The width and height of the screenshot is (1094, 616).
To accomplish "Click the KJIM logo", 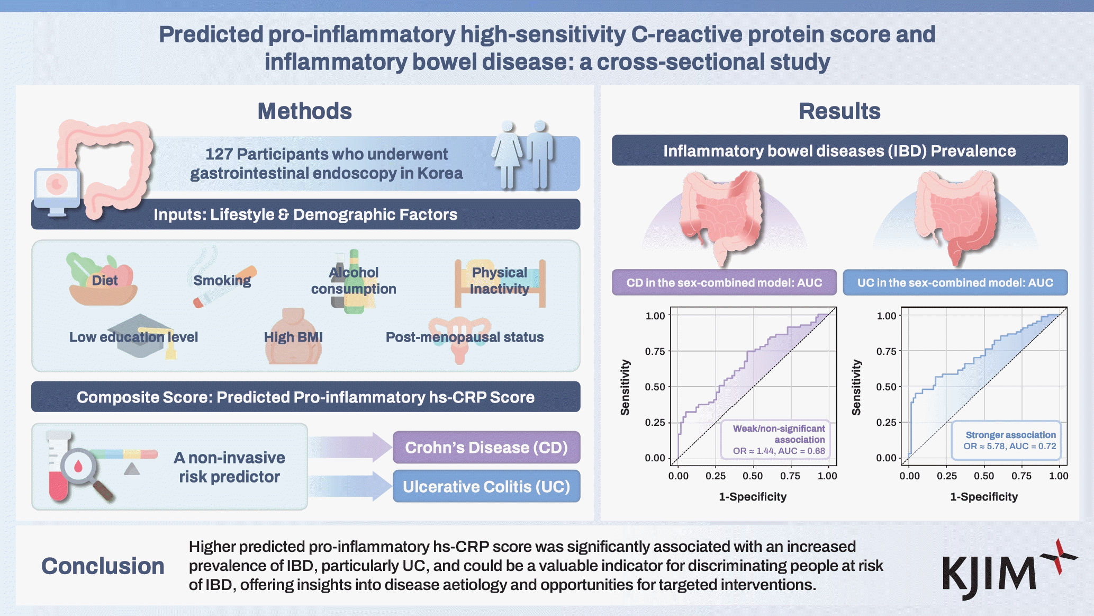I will coord(1008,571).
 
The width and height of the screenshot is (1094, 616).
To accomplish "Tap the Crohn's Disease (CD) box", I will coord(486,448).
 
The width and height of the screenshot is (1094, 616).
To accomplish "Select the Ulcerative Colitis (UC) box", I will coord(486,487).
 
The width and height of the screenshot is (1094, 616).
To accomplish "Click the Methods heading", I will coord(304,111).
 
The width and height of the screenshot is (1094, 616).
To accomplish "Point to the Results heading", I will coord(839,111).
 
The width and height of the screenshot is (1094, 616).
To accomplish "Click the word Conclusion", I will coord(103,566).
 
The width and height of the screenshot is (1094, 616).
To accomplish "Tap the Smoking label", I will coord(222,280).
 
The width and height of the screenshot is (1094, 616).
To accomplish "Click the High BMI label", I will coord(293,337).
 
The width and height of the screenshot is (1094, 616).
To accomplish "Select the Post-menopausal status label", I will coord(464,337).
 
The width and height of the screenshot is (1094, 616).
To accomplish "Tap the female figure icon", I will coord(507,154).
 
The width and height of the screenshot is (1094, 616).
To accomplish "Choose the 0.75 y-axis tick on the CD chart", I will coord(655,351).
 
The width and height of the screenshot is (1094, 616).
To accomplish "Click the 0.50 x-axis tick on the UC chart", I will coord(984,476).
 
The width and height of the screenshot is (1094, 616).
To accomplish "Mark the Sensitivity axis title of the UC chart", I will coord(856,387).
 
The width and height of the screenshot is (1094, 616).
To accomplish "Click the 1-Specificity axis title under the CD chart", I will coord(752,497).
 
